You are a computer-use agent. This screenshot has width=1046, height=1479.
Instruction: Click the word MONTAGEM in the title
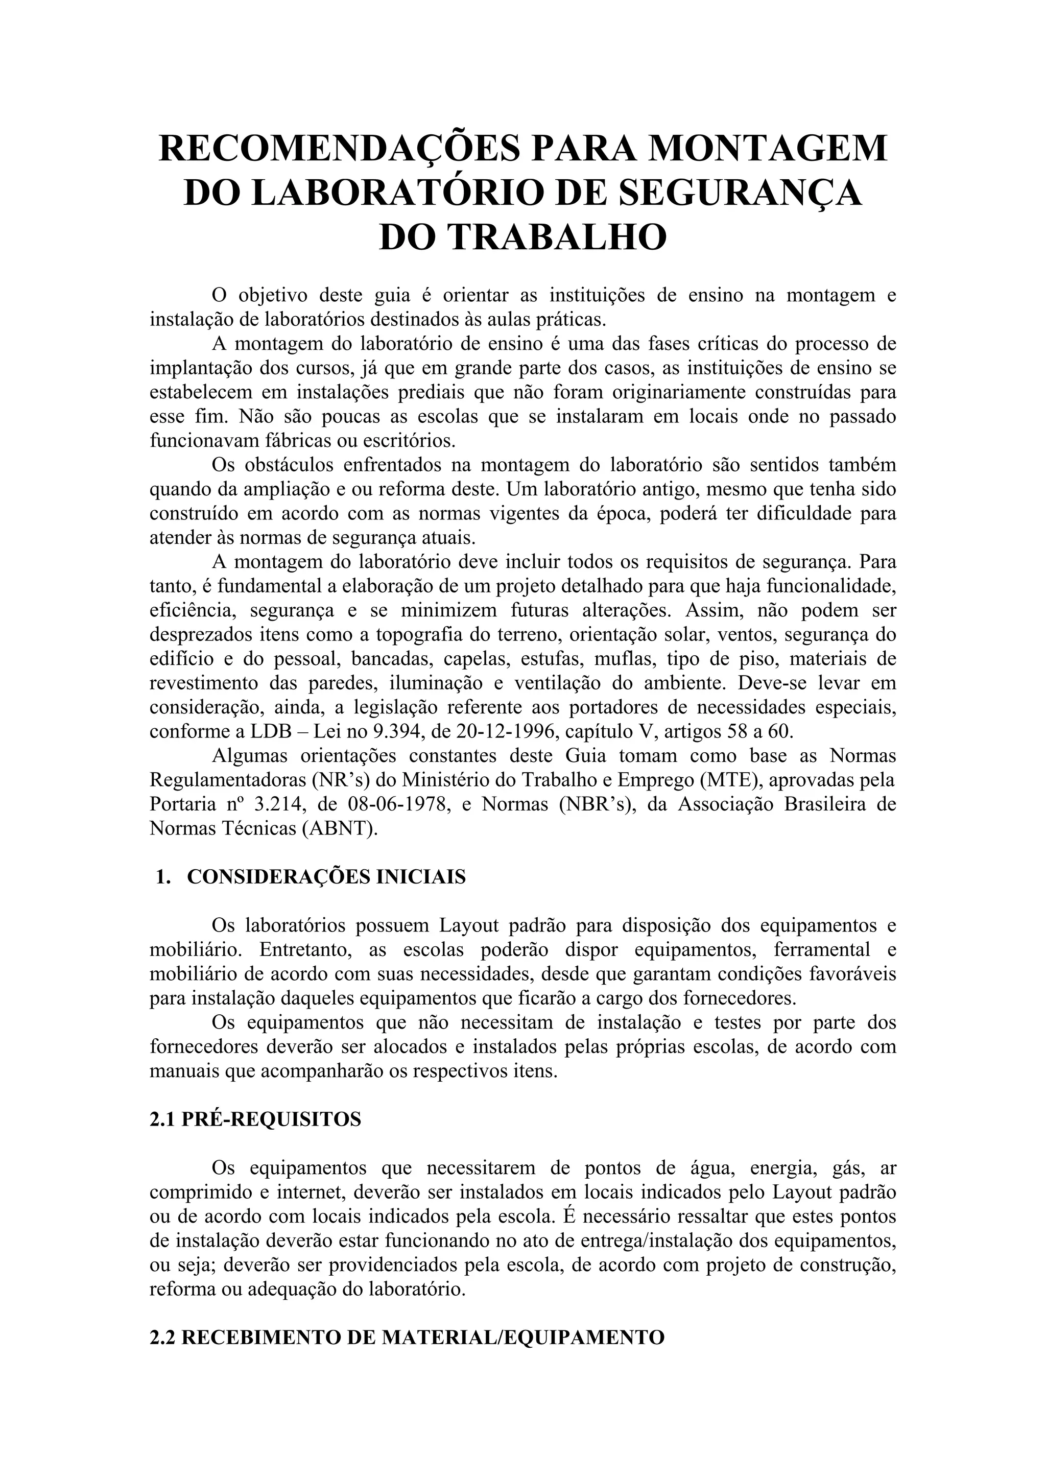(x=767, y=148)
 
